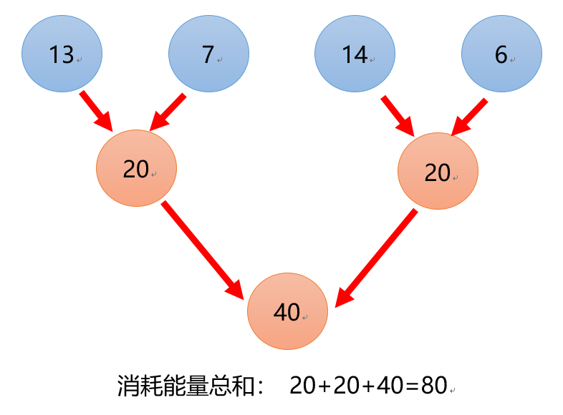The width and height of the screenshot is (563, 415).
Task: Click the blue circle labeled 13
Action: pos(62,54)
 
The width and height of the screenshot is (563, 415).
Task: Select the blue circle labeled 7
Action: pos(208,54)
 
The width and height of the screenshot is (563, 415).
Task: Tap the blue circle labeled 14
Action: pos(355,54)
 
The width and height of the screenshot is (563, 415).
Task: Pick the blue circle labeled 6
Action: pos(501,54)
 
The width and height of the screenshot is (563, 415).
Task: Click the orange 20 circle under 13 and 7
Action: pos(136,169)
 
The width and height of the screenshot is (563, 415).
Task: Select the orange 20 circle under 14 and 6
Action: pos(437,172)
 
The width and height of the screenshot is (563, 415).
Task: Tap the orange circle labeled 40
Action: pos(287,311)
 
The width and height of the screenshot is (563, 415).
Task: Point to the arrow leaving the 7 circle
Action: pos(167,112)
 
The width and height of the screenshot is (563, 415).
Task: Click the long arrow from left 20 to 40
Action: pos(204,250)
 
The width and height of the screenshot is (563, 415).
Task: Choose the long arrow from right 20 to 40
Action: pos(377,258)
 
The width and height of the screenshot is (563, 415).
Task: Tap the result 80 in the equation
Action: pos(434,386)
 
